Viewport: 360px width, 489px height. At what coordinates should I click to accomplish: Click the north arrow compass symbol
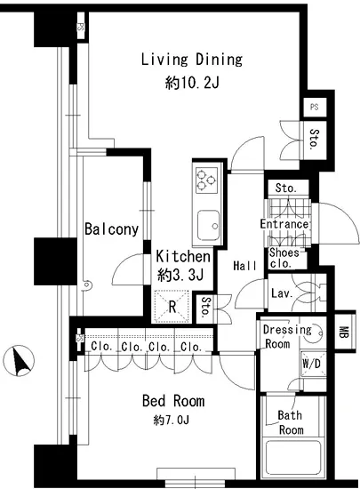[x=19, y=360]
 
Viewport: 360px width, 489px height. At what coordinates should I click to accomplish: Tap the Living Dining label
[x=192, y=60]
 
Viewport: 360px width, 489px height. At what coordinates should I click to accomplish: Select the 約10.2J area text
[x=192, y=83]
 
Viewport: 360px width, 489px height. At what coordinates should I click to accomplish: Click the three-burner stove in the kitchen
[x=206, y=180]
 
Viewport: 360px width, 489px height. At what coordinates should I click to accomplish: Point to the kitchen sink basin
[x=209, y=225]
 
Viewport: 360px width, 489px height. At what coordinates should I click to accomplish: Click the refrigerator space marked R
[x=172, y=307]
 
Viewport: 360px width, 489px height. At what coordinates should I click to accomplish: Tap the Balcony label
[x=112, y=229]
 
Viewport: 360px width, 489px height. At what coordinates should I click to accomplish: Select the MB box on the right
[x=344, y=332]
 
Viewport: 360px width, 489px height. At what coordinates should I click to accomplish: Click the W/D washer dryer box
[x=313, y=364]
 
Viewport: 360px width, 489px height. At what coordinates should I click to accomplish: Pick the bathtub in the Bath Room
[x=292, y=458]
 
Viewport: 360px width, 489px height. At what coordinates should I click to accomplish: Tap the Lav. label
[x=282, y=293]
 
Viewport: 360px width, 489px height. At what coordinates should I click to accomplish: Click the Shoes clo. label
[x=284, y=258]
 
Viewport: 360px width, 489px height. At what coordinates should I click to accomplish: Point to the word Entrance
[x=284, y=224]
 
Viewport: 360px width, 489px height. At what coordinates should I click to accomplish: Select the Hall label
[x=245, y=266]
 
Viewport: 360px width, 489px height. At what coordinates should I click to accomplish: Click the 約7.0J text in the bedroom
[x=172, y=421]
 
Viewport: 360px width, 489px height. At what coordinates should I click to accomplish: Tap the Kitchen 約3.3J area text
[x=182, y=266]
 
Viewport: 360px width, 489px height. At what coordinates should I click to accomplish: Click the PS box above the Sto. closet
[x=315, y=107]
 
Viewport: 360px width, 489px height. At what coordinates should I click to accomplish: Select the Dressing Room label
[x=287, y=337]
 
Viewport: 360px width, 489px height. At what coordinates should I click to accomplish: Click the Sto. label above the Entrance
[x=286, y=188]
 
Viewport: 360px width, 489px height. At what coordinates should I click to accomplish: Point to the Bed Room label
[x=173, y=401]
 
